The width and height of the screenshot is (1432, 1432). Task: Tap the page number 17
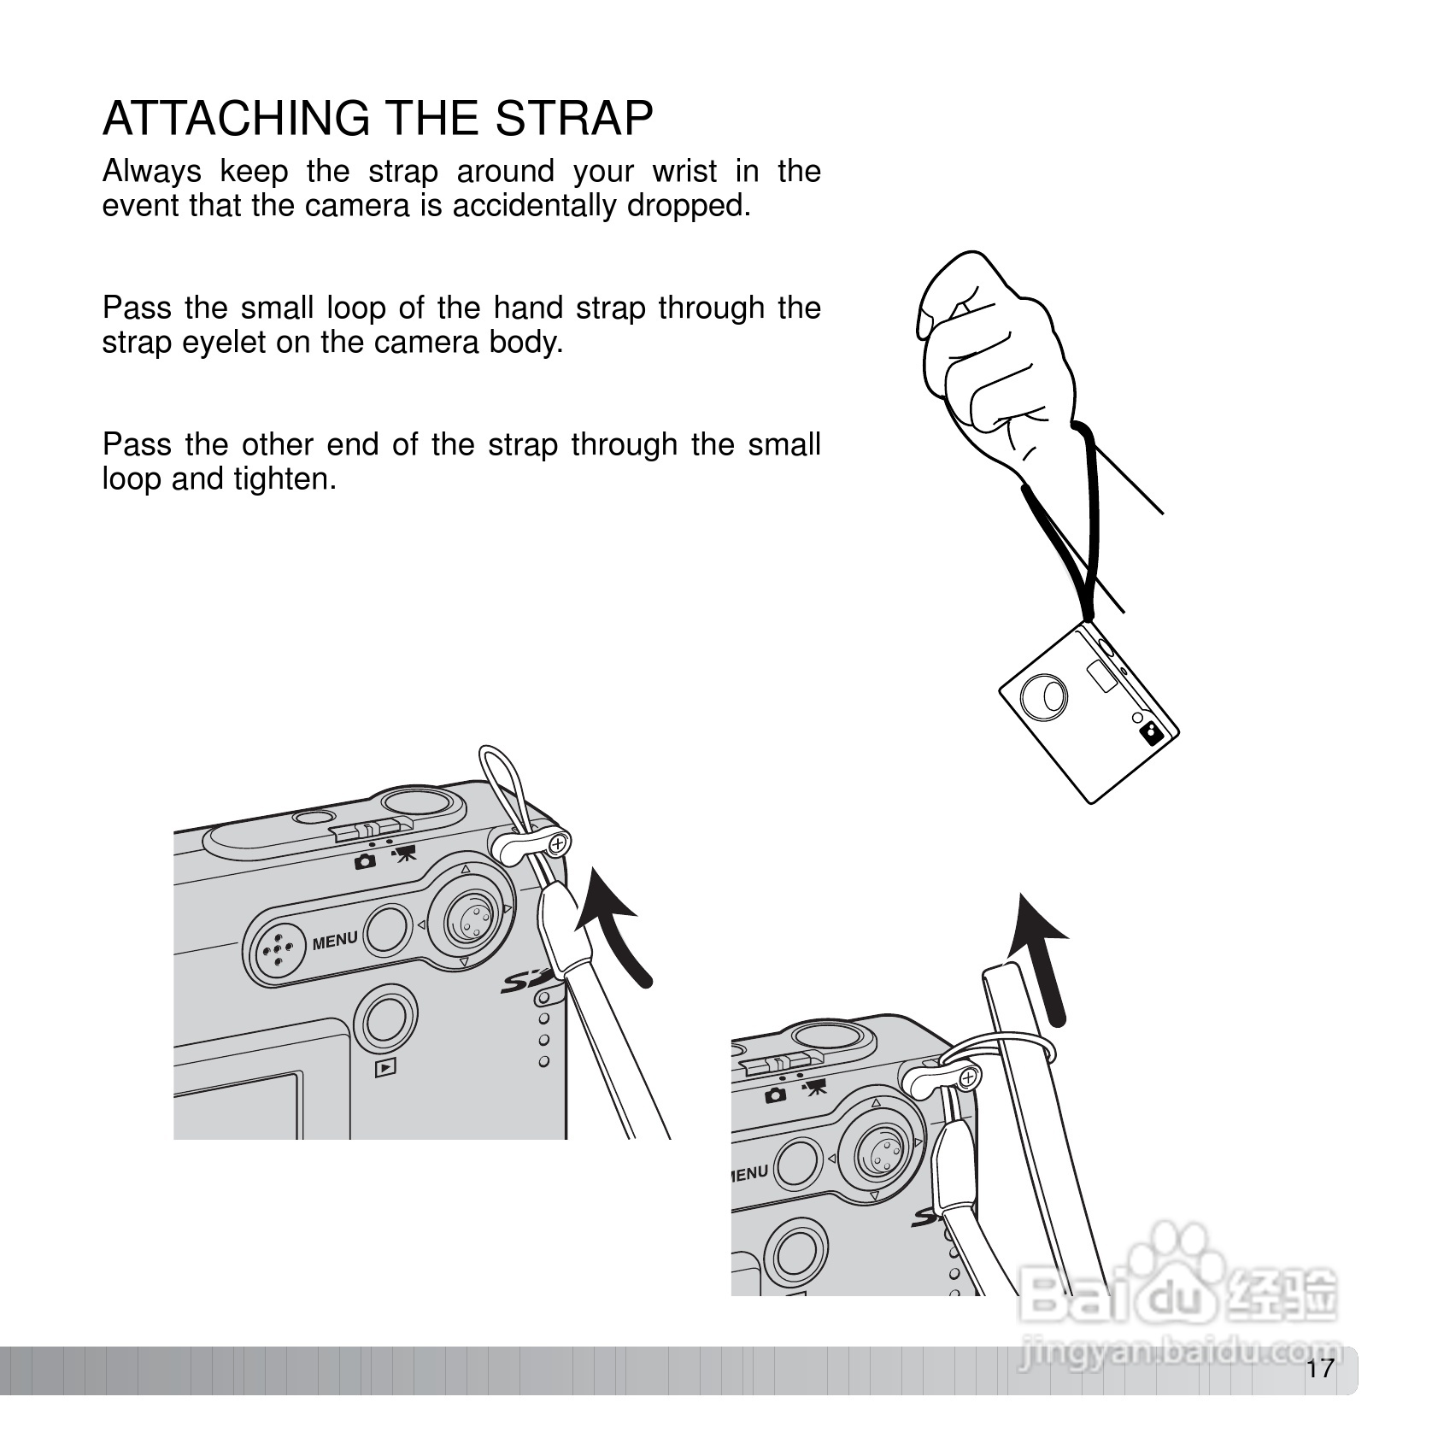[x=1319, y=1369]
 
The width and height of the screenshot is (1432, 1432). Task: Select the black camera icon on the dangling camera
[x=1152, y=733]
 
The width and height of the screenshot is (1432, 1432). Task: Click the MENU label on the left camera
[x=335, y=941]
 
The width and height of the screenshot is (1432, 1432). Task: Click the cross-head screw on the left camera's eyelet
[x=558, y=845]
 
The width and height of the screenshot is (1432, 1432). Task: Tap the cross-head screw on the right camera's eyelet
[x=967, y=1078]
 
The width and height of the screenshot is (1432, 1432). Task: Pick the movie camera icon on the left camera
[x=403, y=854]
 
